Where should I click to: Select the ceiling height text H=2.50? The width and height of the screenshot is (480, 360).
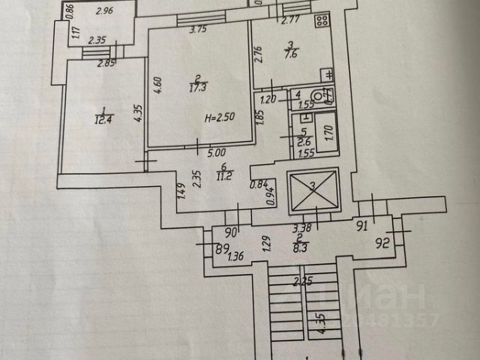220,118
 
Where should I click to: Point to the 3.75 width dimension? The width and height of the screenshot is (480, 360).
198,30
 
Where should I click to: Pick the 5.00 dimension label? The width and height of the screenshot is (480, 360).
217,152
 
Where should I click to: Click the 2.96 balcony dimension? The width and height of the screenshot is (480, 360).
104,10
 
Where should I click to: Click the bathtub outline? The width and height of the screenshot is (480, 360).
325,133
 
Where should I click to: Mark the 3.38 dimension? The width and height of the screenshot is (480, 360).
301,228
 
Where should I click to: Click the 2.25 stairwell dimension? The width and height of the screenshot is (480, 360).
302,283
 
